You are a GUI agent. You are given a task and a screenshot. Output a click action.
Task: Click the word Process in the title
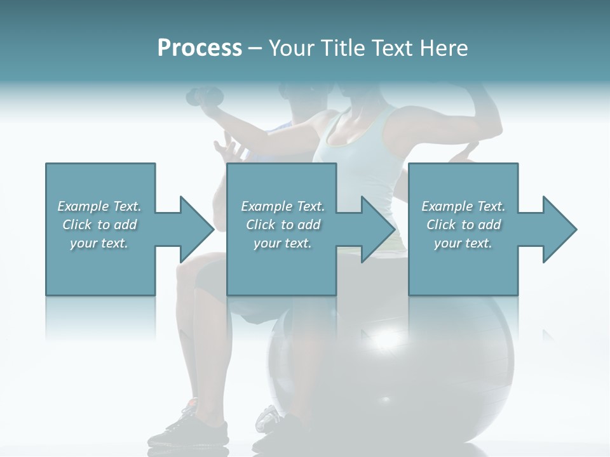pos(200,48)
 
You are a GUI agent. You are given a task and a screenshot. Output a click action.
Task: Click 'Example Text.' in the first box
pos(99,206)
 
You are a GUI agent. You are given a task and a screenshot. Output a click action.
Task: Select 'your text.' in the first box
pos(99,242)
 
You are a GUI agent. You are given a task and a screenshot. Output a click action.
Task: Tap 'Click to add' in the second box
pos(283,225)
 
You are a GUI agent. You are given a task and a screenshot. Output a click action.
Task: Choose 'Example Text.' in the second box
pos(283,206)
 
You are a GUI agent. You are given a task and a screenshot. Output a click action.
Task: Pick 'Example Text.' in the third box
pos(463,206)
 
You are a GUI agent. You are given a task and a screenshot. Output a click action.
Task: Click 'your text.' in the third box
pos(463,242)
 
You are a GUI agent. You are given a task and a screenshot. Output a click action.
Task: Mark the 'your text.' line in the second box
pos(283,242)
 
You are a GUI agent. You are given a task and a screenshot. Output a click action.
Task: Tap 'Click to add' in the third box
pos(463,225)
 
